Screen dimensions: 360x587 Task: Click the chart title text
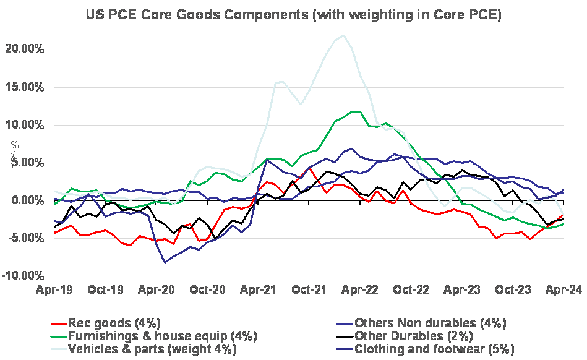(x=293, y=15)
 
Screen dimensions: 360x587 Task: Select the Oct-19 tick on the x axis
(x=105, y=289)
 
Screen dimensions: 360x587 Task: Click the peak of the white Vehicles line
(x=344, y=35)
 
